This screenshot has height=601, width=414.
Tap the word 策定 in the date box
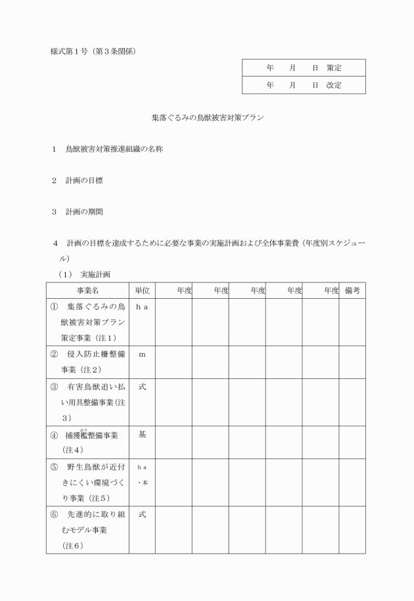(x=334, y=68)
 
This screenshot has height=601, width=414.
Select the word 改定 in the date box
(x=334, y=85)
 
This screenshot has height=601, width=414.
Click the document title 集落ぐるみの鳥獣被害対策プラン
(x=206, y=120)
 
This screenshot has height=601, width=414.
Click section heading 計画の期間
(x=83, y=212)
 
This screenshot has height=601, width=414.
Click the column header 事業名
(x=87, y=290)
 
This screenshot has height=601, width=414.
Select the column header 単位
(x=142, y=290)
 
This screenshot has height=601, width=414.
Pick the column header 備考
(x=352, y=290)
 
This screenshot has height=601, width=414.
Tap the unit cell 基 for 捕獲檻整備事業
(x=142, y=434)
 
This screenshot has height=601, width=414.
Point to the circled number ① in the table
(x=54, y=307)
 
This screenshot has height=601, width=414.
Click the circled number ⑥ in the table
(x=54, y=514)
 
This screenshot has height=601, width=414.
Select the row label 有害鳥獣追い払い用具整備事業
(x=88, y=402)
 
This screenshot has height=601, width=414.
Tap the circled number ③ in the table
(x=54, y=387)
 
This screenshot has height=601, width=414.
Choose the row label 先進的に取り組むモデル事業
(x=88, y=522)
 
